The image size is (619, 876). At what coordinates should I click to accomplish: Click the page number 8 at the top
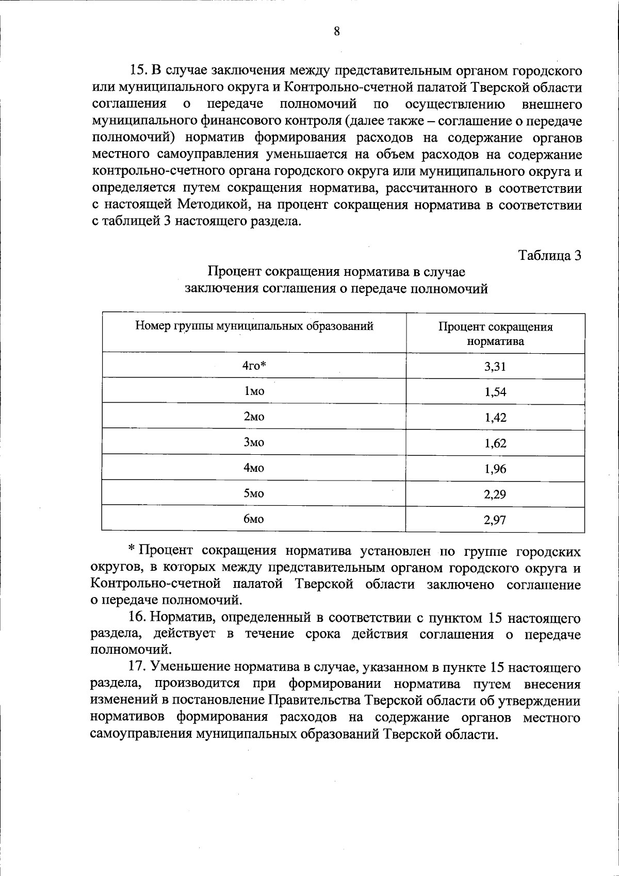[336, 31]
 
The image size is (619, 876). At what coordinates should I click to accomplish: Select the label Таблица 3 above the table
[550, 255]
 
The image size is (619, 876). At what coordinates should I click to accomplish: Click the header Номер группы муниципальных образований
[254, 326]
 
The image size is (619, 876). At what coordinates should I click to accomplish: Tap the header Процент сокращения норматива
[495, 334]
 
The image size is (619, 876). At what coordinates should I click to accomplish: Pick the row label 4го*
[254, 366]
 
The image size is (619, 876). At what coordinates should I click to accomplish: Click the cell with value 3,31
[495, 366]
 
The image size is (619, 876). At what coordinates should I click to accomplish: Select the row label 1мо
[254, 391]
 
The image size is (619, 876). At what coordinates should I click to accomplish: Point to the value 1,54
[495, 392]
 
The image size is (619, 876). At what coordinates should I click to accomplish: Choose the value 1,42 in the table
[495, 417]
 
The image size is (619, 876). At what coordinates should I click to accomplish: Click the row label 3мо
[254, 442]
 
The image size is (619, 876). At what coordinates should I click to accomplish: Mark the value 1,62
[495, 443]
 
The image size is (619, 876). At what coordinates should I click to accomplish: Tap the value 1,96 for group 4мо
[495, 469]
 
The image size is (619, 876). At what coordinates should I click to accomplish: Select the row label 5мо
[254, 493]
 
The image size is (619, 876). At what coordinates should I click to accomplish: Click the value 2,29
[495, 494]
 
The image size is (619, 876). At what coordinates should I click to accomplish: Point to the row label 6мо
[254, 519]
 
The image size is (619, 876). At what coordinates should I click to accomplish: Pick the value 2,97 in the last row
[495, 520]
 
